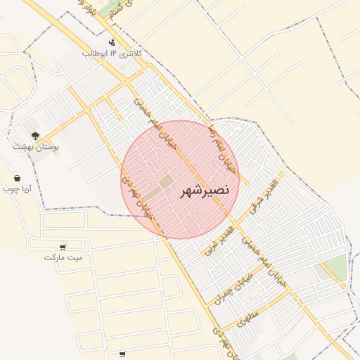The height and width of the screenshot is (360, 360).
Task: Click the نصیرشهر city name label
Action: (204, 191)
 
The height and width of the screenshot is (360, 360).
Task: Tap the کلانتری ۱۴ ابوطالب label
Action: (112, 53)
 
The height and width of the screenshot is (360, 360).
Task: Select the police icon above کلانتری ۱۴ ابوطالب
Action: (112, 43)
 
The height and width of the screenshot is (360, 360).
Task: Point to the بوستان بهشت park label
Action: (36, 147)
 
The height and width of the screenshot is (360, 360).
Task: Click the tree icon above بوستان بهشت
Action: (35, 136)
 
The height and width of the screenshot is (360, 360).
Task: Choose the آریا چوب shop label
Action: (17, 189)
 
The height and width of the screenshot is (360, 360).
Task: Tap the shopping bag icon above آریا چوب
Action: (17, 179)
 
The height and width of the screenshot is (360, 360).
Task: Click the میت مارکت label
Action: (63, 257)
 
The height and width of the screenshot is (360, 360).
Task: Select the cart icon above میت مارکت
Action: (63, 247)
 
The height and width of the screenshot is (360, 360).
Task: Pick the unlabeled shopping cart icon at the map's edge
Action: (123, 354)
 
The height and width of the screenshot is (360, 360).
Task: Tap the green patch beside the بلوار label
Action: (109, 8)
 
